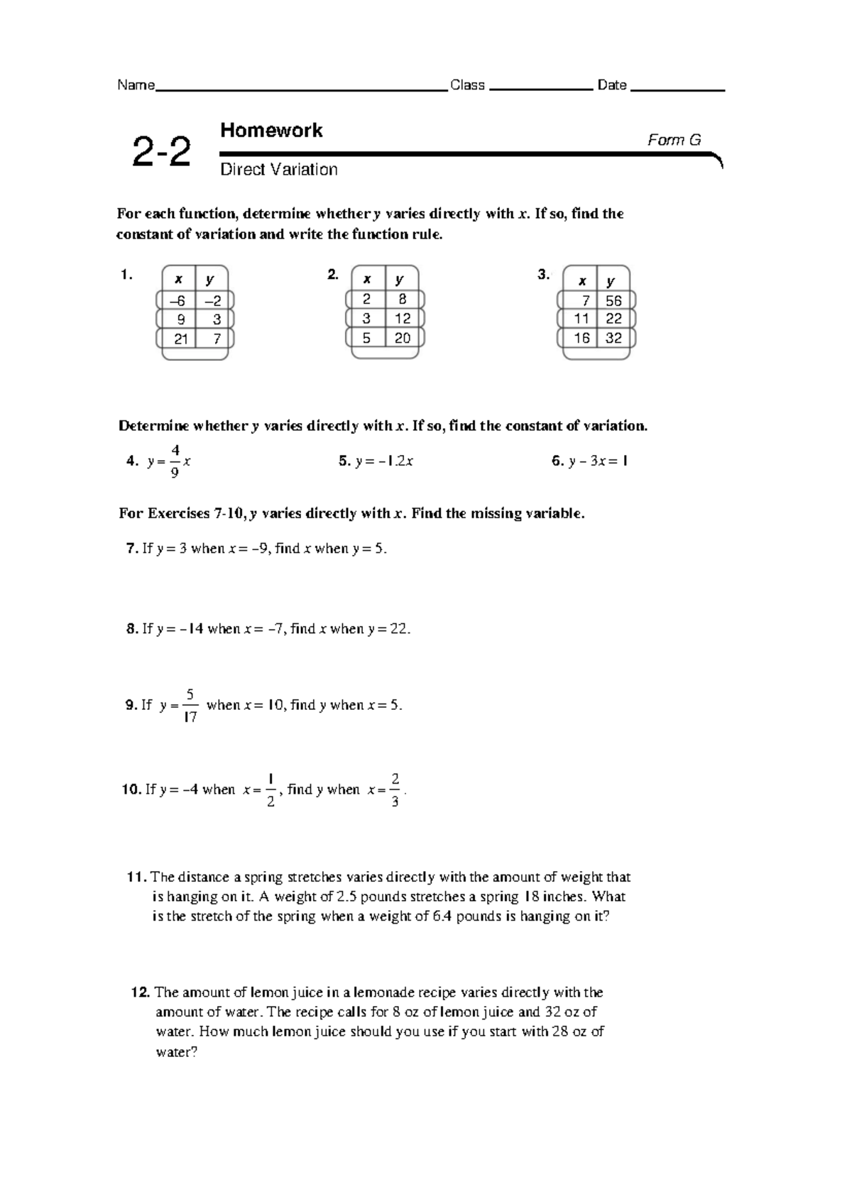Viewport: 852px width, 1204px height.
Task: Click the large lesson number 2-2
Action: click(x=161, y=152)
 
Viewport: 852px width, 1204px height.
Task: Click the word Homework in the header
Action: click(x=271, y=131)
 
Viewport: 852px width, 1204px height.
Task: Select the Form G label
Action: click(x=674, y=140)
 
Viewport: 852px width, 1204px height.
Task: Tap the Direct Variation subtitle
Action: click(x=278, y=170)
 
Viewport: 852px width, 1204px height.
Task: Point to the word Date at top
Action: click(x=612, y=86)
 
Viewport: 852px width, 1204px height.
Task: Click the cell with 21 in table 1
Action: click(x=180, y=339)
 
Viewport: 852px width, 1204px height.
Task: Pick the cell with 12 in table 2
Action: click(x=403, y=318)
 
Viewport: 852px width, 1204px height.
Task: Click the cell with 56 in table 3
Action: click(x=613, y=301)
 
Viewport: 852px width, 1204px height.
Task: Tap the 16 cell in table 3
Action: click(x=582, y=339)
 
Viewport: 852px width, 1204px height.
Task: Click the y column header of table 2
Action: click(x=400, y=280)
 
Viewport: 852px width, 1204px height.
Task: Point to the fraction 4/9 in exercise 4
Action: click(x=175, y=461)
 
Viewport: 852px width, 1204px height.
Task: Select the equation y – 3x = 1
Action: click(x=598, y=461)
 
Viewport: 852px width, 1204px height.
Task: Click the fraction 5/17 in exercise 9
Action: click(x=190, y=705)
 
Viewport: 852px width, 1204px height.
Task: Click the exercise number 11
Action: click(x=136, y=877)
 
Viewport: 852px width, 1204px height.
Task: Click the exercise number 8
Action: click(x=132, y=629)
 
